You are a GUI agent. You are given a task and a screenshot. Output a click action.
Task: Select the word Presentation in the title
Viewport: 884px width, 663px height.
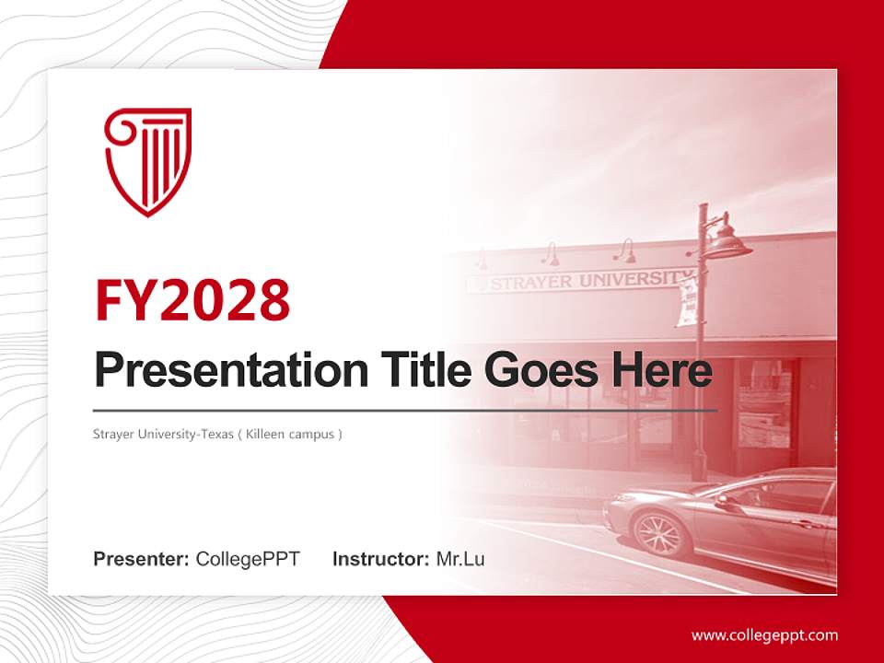click(x=218, y=371)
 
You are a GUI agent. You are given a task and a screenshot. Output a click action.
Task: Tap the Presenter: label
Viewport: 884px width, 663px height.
click(x=141, y=559)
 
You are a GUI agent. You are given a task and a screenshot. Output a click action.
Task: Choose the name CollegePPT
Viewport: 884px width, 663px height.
click(x=248, y=559)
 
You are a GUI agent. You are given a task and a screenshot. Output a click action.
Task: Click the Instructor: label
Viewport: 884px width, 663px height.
click(x=380, y=559)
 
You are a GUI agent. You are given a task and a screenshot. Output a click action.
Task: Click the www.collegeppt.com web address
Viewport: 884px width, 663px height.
click(x=764, y=634)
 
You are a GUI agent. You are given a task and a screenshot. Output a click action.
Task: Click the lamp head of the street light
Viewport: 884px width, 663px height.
click(x=727, y=244)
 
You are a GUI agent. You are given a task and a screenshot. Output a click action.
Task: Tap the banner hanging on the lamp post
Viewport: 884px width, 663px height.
click(x=687, y=302)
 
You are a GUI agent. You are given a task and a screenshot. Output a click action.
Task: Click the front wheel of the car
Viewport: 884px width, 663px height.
click(x=658, y=534)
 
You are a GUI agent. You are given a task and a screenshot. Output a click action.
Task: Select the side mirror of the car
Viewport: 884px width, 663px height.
click(x=727, y=502)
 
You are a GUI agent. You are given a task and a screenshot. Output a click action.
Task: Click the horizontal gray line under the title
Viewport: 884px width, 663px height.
click(x=405, y=410)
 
